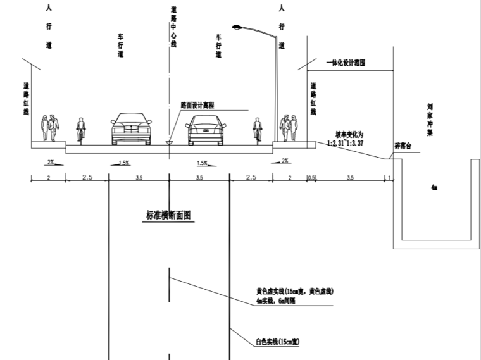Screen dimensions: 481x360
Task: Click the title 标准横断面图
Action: coord(168,214)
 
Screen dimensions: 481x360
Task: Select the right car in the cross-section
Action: coord(206,130)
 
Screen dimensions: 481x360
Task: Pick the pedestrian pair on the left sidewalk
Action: coord(50,128)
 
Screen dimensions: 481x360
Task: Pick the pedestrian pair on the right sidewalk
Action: coord(290,128)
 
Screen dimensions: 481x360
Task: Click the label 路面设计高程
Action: coord(198,105)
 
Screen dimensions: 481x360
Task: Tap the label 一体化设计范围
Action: coord(346,64)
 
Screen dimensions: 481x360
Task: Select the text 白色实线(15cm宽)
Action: coord(277,342)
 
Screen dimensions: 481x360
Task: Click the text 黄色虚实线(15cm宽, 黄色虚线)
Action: coord(294,291)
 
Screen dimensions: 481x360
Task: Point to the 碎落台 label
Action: coord(403,146)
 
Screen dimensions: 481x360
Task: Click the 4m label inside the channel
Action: coord(434,188)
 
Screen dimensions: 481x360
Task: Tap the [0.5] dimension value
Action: coord(311,178)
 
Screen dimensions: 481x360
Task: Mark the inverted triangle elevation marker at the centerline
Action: coord(169,144)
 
